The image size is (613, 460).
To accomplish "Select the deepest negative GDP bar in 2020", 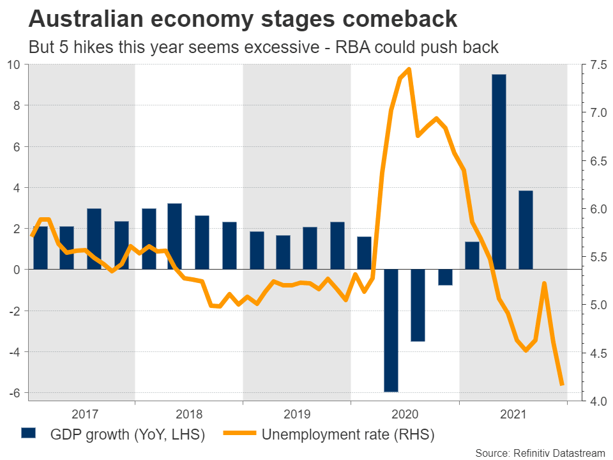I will [x=391, y=330].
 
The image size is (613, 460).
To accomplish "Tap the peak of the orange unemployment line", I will [x=409, y=69].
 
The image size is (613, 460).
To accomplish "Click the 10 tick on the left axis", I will [x=14, y=65].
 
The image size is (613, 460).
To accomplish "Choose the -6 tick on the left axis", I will [x=14, y=392].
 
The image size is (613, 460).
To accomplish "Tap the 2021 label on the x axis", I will [x=513, y=413].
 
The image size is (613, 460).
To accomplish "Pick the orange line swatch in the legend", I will [x=240, y=434].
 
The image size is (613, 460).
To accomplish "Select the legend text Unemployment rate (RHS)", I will [x=348, y=435].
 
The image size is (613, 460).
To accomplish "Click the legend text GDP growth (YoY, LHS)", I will [x=128, y=435].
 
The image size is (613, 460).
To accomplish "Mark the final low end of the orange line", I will [x=562, y=385].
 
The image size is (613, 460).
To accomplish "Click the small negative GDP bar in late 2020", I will [x=445, y=277].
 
